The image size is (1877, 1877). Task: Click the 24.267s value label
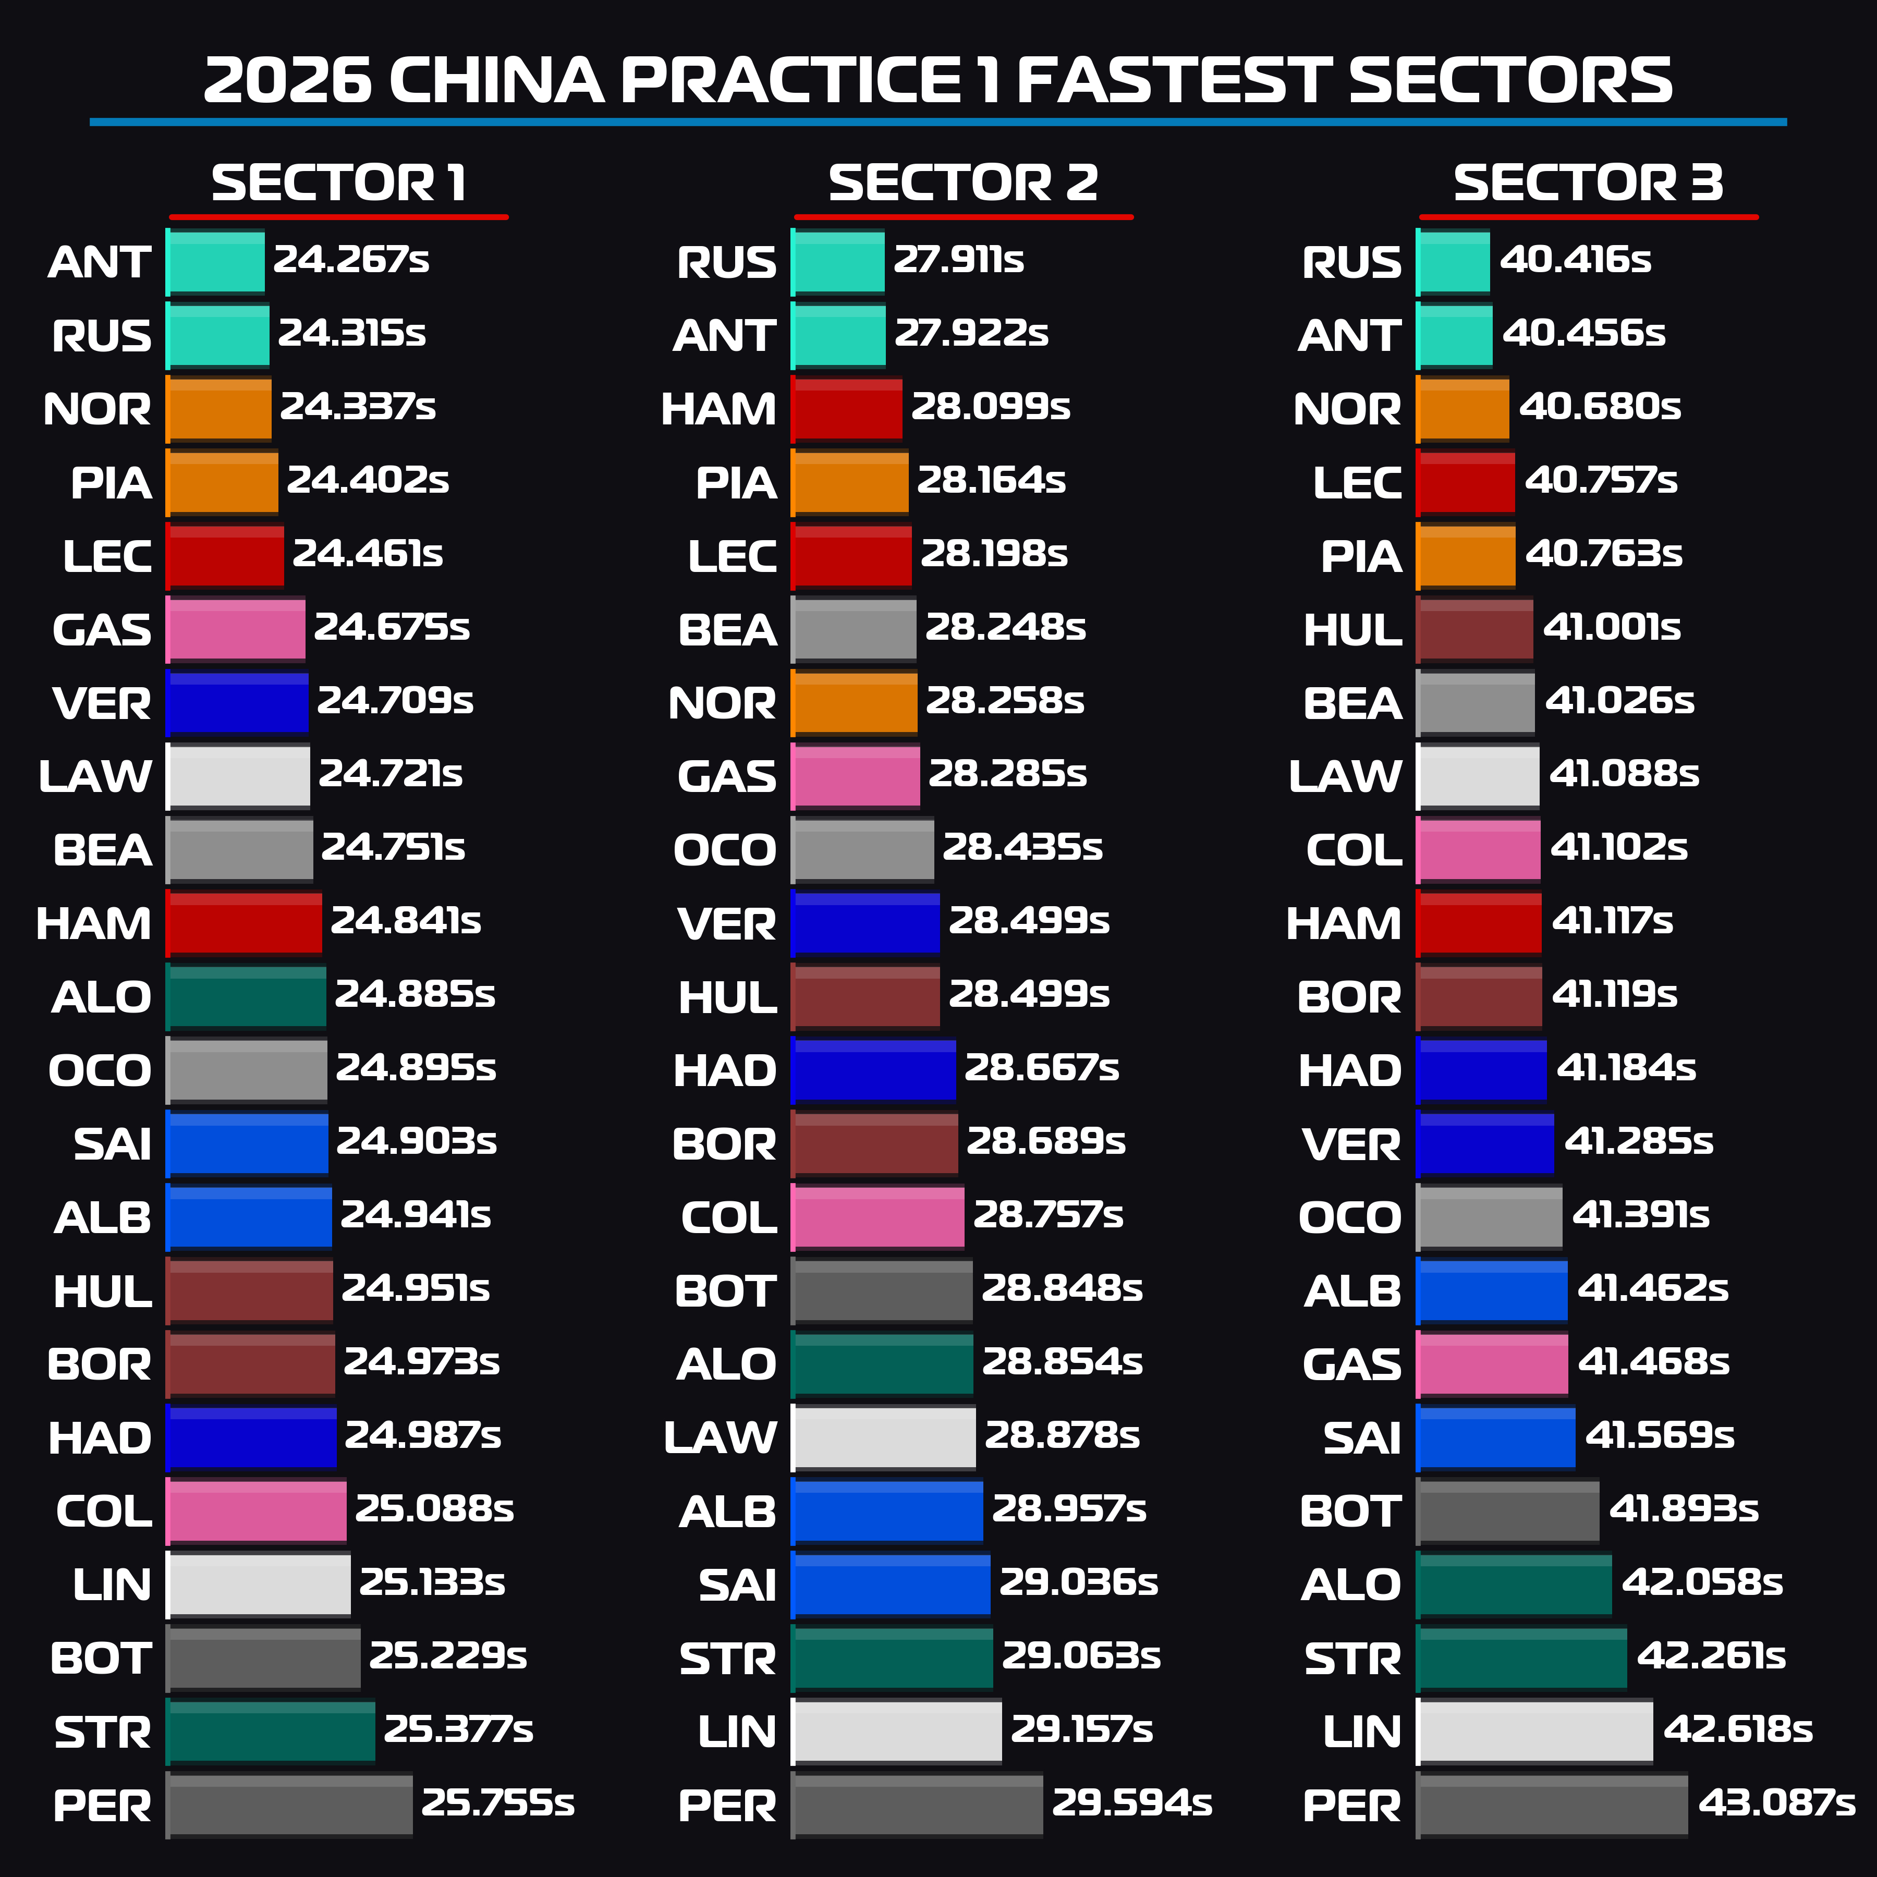[x=351, y=260]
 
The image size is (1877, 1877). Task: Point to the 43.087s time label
[x=1776, y=1803]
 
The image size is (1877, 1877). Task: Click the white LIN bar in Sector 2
[x=896, y=1731]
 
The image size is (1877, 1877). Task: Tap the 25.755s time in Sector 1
[x=497, y=1803]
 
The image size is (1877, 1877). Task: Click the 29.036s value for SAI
[x=1078, y=1582]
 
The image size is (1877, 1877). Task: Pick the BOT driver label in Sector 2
[x=725, y=1291]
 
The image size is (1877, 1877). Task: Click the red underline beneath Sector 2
[x=963, y=217]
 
